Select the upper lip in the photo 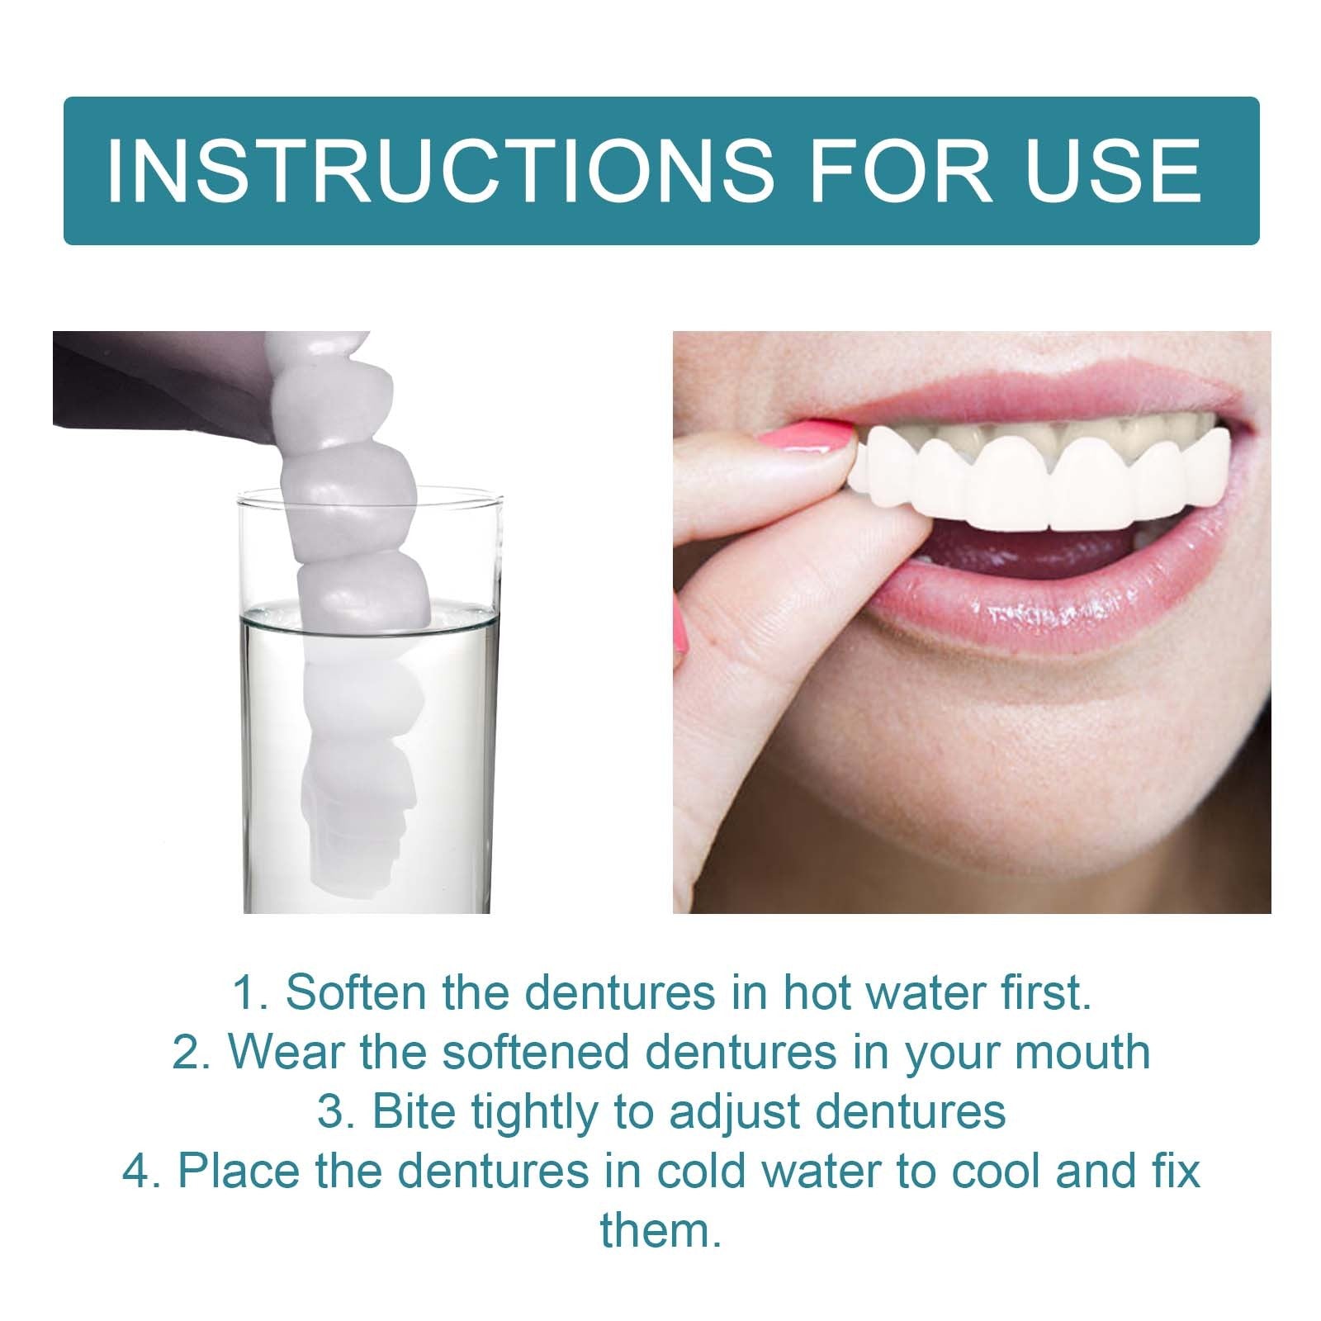click(x=1032, y=388)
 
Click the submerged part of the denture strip click(x=355, y=743)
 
